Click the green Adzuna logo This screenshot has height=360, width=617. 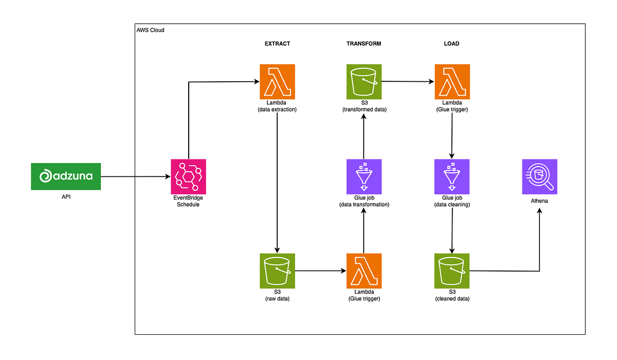click(x=66, y=176)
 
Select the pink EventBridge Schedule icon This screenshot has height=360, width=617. click(x=188, y=176)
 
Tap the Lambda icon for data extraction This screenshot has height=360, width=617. click(x=277, y=81)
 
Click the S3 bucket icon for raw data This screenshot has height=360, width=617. click(x=277, y=271)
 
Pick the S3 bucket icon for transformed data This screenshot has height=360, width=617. click(x=364, y=81)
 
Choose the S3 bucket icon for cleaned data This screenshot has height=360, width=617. click(x=452, y=271)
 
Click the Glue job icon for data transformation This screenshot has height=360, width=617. click(x=364, y=176)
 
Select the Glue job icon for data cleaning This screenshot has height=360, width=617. click(x=452, y=176)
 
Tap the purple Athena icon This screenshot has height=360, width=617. click(x=539, y=176)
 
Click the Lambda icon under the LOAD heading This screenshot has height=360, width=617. click(x=452, y=81)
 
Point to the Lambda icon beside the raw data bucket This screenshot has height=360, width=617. click(x=364, y=271)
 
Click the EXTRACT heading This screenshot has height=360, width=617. click(x=277, y=44)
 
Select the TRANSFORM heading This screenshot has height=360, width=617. click(x=364, y=44)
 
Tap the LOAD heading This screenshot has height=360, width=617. click(x=451, y=44)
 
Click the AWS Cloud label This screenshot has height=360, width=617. click(x=150, y=30)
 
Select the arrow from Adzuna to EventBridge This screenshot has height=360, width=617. click(x=135, y=176)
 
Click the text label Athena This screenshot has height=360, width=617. click(x=539, y=201)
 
